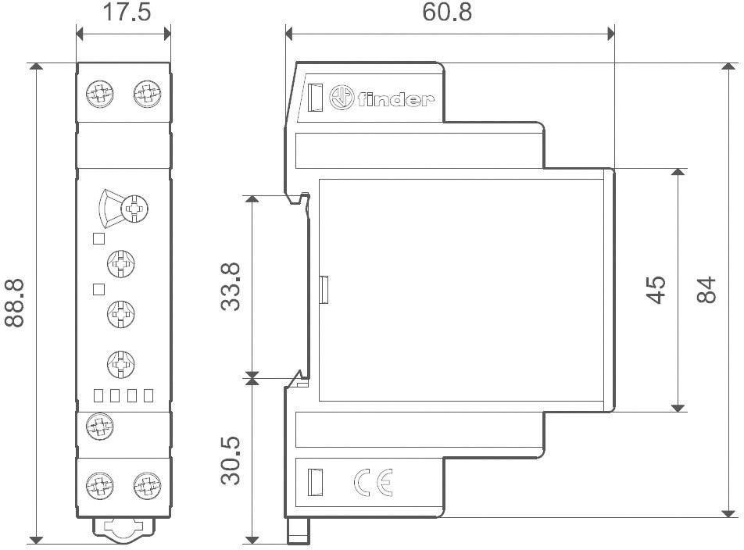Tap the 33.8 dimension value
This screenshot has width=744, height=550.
[231, 287]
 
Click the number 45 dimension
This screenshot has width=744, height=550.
[656, 289]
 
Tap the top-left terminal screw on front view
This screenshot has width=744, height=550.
[98, 95]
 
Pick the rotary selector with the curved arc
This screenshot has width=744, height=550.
[134, 209]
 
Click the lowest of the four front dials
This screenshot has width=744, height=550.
[120, 362]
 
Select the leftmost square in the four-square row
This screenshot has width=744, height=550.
[98, 395]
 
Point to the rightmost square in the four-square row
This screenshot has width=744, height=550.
[147, 395]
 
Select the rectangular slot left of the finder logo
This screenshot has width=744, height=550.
[315, 98]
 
